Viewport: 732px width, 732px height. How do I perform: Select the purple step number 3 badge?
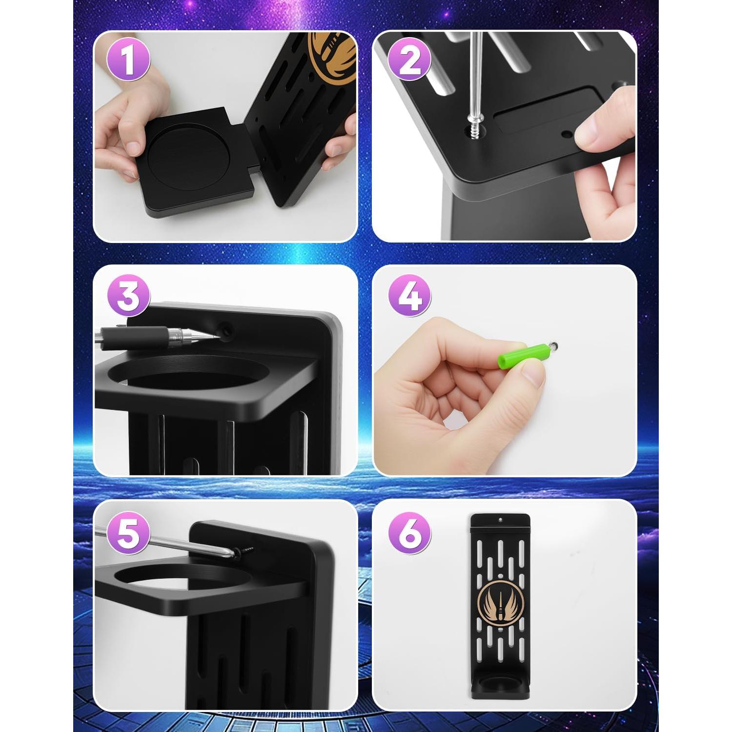[x=128, y=295]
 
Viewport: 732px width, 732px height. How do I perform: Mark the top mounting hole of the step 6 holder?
[x=500, y=520]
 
